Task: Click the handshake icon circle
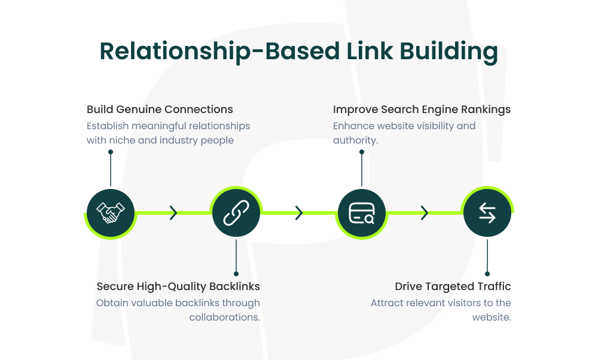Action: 111,213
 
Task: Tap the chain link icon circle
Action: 236,213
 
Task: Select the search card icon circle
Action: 362,213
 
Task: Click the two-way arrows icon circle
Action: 487,213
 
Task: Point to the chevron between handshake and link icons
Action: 173,213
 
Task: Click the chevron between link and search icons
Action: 299,213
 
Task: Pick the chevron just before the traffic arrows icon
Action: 425,213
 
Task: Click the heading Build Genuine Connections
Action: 160,109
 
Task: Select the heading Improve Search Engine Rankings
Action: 422,109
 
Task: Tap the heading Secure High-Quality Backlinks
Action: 178,286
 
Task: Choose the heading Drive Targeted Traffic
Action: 453,286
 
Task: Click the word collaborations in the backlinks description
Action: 224,317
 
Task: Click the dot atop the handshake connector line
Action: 111,152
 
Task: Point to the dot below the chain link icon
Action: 236,274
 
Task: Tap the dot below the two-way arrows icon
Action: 487,274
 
